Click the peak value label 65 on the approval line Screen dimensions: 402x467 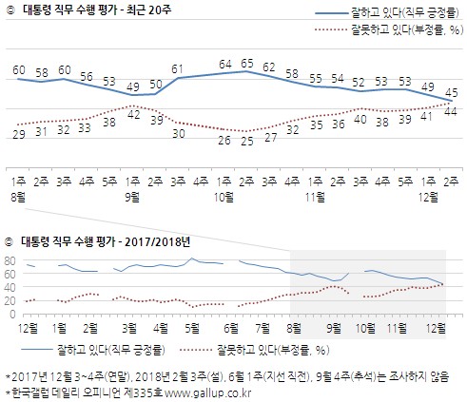246,64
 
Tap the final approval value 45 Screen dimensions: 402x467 452,92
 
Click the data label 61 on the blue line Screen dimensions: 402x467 178,68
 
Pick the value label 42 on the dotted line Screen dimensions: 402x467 134,115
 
